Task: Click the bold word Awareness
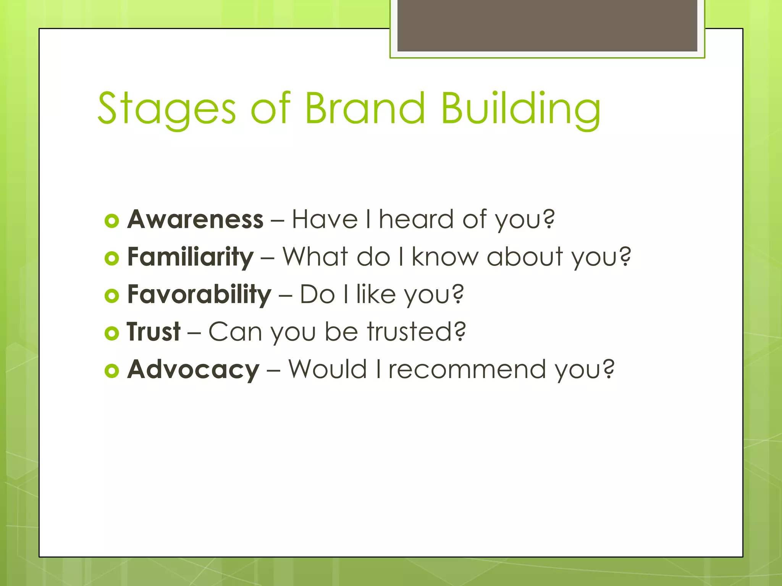195,219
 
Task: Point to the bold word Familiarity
190,257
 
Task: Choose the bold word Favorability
199,295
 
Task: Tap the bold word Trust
153,332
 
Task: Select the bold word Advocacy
193,369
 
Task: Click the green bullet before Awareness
111,221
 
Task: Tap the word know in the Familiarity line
445,257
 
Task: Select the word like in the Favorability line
376,295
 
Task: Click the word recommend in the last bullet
467,369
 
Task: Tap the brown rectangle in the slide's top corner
547,25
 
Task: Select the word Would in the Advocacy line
327,369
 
